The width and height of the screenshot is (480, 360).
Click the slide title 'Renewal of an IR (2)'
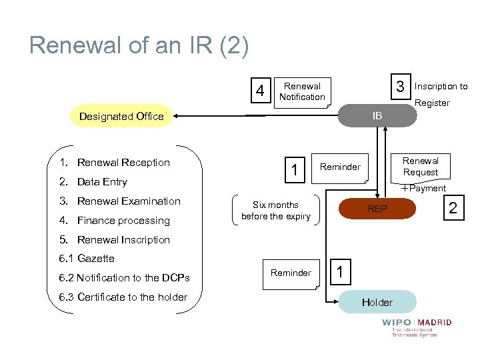click(x=139, y=45)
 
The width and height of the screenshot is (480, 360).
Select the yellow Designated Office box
click(x=121, y=116)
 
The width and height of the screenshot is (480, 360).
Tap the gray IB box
click(x=377, y=115)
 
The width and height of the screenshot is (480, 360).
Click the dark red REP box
click(x=377, y=209)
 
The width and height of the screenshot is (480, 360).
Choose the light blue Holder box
click(x=377, y=302)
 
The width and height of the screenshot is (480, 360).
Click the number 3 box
click(x=400, y=87)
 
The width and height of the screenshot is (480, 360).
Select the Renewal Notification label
click(x=302, y=91)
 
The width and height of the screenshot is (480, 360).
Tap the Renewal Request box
click(x=420, y=167)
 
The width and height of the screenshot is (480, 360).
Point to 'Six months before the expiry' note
click(x=275, y=210)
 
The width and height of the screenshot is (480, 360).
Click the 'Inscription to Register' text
click(x=441, y=94)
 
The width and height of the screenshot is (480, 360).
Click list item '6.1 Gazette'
click(x=86, y=259)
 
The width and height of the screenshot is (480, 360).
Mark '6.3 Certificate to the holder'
click(x=123, y=297)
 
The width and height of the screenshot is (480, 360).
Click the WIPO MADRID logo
click(x=417, y=327)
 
